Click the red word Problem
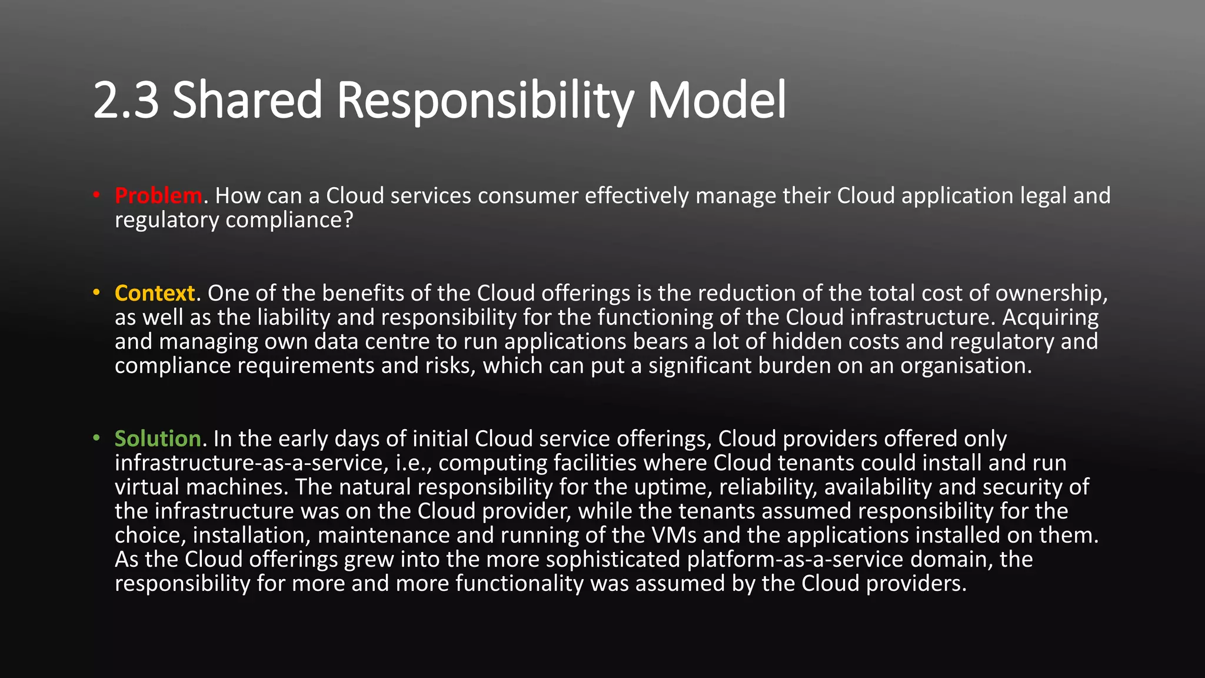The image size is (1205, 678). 158,195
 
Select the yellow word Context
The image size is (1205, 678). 155,293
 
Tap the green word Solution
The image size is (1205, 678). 158,439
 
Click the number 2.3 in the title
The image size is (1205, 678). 126,100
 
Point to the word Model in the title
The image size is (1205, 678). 716,100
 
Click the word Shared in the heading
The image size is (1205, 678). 247,100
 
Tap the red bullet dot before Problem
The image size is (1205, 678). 96,195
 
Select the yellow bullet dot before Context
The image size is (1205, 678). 96,293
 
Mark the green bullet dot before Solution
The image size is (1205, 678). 96,438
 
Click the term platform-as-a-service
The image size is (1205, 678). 795,560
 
